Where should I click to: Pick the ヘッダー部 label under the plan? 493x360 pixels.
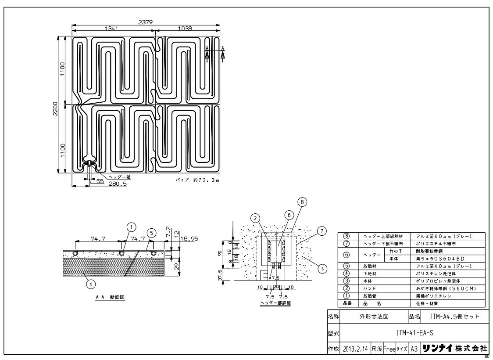[119, 177]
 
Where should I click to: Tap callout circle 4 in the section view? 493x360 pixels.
[90, 284]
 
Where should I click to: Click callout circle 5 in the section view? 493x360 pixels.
[150, 232]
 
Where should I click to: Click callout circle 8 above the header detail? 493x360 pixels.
[301, 202]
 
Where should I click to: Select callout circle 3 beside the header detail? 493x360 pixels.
[322, 269]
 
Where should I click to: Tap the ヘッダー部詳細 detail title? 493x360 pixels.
[275, 302]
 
